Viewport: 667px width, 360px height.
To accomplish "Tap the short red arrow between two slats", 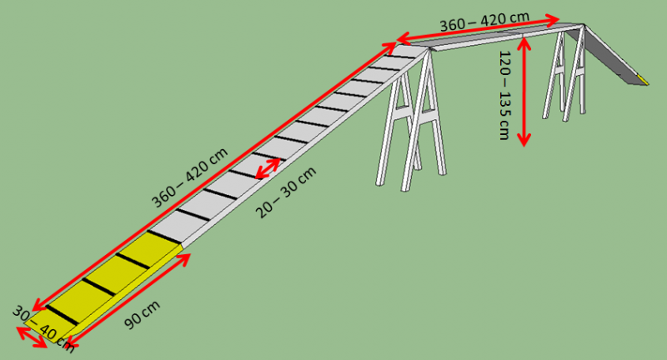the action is click(268, 167).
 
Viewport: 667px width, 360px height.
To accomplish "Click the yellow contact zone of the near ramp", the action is click(108, 279).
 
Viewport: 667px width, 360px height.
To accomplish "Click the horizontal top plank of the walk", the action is click(500, 38).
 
